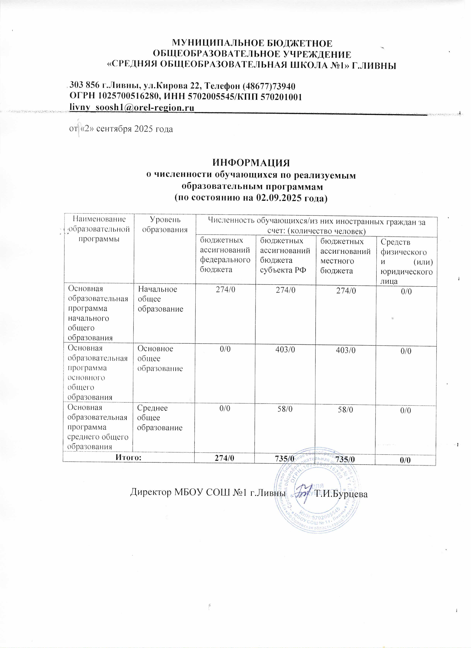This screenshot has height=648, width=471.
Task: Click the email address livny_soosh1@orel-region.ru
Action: click(x=132, y=108)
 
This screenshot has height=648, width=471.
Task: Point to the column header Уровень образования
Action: click(x=165, y=224)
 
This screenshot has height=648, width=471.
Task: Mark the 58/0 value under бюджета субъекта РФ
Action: click(x=285, y=409)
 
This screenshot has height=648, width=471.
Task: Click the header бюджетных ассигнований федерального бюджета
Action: click(x=225, y=255)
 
